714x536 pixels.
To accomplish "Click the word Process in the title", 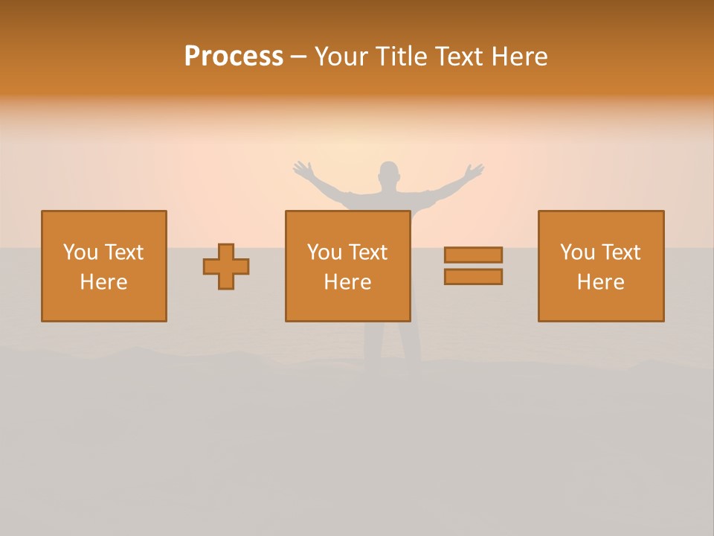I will (x=234, y=57).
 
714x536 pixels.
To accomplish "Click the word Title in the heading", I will (x=399, y=57).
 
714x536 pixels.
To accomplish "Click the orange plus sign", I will (x=226, y=267).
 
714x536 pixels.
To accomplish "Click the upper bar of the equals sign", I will (x=473, y=255).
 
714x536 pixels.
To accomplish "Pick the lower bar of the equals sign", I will (x=473, y=276).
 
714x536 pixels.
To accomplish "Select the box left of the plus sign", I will (x=103, y=266).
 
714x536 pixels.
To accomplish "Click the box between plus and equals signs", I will (x=347, y=266).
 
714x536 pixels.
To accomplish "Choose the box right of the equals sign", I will (x=600, y=266).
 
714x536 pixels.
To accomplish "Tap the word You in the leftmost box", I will (x=80, y=252).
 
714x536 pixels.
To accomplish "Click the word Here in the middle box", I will (x=347, y=282).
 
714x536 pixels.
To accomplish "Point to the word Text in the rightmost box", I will (x=620, y=252).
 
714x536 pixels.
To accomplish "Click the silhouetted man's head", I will (x=388, y=176).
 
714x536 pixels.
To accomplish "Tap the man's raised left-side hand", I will (x=302, y=170).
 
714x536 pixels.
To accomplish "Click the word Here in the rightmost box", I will (x=600, y=282).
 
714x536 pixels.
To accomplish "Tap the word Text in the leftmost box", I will (x=123, y=252).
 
